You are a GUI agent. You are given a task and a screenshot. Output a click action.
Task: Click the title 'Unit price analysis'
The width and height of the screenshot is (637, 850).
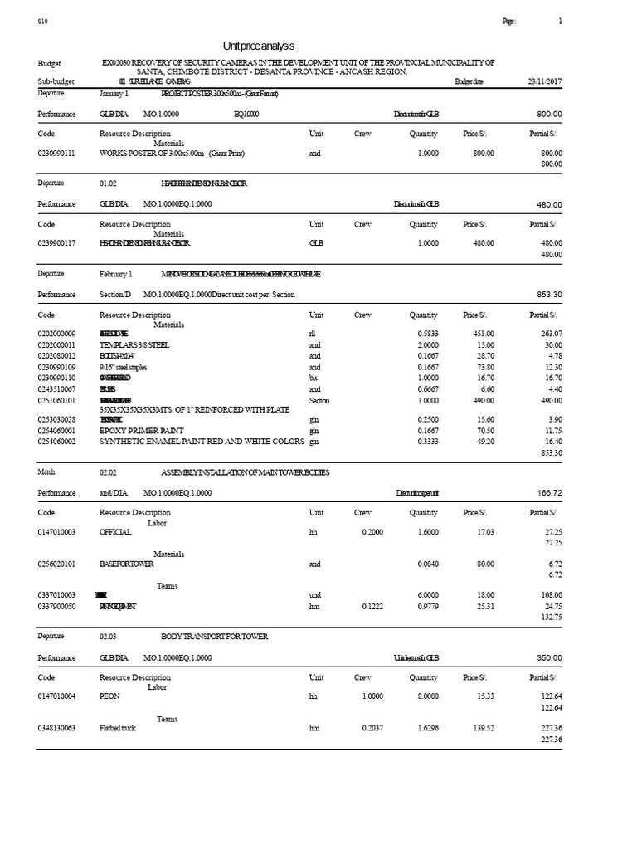pos(259,46)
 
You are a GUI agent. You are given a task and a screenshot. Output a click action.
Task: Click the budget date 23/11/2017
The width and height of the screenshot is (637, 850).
pos(544,81)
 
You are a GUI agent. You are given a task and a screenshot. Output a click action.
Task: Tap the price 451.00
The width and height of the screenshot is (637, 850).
pos(483,333)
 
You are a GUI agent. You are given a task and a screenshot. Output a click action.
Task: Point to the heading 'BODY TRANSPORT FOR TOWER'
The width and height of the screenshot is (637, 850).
pos(215,636)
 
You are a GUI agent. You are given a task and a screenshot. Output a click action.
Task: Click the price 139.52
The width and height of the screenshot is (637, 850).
pos(482,728)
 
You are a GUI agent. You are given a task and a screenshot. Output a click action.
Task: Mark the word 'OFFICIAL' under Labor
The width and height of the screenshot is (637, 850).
pos(116,532)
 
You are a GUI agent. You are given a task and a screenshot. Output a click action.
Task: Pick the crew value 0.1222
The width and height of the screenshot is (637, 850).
pos(372,606)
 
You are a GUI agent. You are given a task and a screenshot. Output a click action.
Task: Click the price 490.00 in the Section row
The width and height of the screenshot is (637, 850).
pos(483,399)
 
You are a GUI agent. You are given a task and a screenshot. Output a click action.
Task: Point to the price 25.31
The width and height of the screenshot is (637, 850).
pos(482,606)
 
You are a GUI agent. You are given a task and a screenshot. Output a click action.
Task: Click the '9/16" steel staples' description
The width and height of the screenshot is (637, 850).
pos(123,367)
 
